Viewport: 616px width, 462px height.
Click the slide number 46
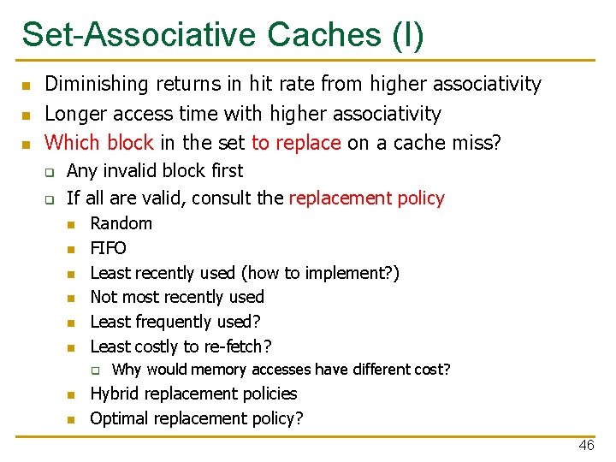point(586,446)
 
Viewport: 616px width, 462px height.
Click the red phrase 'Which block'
point(98,143)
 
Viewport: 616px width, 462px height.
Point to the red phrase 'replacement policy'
point(367,198)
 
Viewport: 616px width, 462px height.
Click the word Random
point(121,223)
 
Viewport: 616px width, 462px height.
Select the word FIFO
point(108,248)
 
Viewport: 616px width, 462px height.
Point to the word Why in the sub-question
point(127,370)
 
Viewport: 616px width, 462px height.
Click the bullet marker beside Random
point(72,224)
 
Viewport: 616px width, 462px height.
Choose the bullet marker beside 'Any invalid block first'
point(50,171)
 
